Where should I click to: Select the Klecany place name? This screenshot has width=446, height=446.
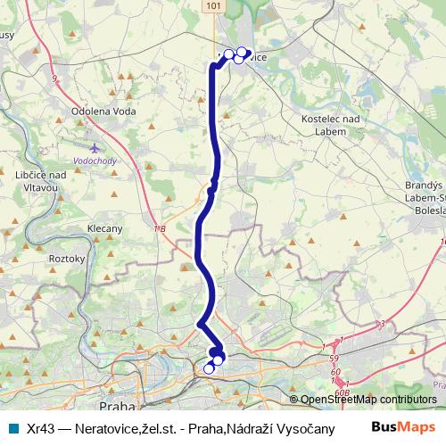[x=105, y=229]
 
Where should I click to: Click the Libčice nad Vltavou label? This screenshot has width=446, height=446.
[x=41, y=181]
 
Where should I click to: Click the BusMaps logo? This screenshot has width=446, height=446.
[x=403, y=428]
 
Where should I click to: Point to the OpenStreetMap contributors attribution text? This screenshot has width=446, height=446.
[x=368, y=401]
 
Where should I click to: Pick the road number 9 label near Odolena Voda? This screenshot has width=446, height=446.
[x=55, y=80]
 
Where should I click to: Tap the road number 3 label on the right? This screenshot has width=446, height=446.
[x=381, y=323]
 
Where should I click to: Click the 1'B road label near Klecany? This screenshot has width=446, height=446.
[x=160, y=230]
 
